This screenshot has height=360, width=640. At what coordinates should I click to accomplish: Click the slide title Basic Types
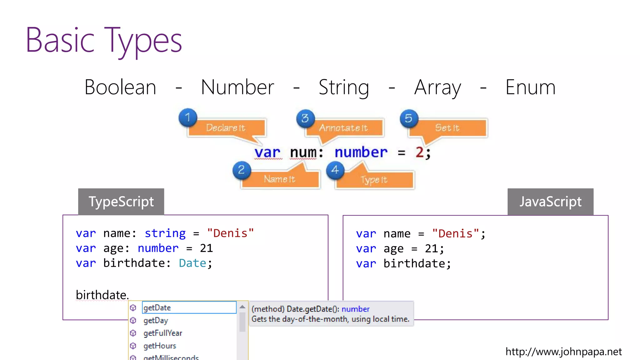point(103,40)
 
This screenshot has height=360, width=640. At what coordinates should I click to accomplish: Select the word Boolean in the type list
point(120,87)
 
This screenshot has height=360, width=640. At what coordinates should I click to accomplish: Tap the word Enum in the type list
point(530,87)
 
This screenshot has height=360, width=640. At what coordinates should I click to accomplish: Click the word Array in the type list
point(437,88)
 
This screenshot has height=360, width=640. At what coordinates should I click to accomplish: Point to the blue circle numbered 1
point(188,117)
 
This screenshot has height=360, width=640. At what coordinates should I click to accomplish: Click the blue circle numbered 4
point(335,170)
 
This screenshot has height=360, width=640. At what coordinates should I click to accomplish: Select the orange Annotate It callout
point(344,128)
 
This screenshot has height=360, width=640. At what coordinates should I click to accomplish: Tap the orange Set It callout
point(447,128)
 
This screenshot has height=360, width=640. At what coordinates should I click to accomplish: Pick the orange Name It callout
point(280,179)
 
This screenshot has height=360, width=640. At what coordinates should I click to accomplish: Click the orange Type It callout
point(374,180)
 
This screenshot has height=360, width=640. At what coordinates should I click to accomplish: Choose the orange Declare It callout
point(226,128)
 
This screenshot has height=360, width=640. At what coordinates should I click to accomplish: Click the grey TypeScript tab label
point(121,202)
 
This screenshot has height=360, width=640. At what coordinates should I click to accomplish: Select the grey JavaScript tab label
point(550,202)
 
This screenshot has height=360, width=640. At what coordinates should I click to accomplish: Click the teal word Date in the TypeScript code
point(192,263)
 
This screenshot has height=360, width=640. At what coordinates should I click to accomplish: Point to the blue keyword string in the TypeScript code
point(165,233)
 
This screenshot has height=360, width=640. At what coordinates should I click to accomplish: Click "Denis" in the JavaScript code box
point(456,233)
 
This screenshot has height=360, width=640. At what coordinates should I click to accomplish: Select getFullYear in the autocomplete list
point(162,333)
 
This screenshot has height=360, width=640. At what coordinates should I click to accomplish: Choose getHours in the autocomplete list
point(160,346)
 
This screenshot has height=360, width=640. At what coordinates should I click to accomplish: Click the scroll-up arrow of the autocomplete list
point(242,307)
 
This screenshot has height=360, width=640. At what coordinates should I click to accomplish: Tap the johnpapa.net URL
point(563,352)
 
